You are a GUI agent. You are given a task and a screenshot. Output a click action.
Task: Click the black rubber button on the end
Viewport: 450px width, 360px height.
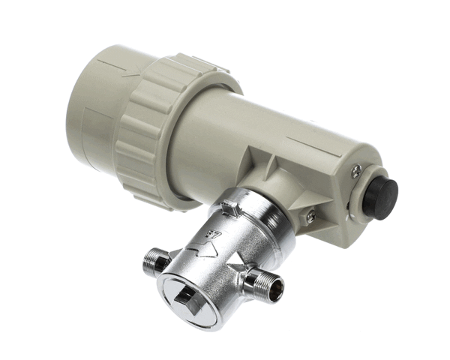[381, 197]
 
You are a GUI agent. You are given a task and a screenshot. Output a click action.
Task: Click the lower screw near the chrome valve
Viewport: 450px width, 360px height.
[310, 217]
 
